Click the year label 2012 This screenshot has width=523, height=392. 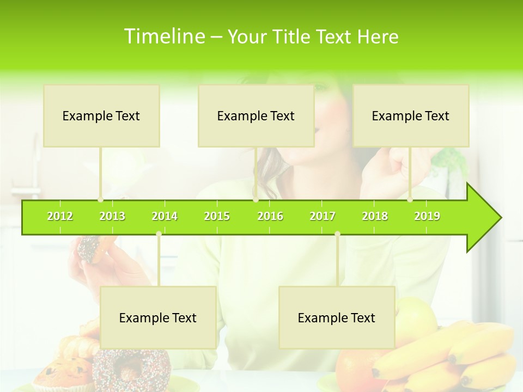(x=60, y=216)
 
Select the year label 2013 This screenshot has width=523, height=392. (x=112, y=216)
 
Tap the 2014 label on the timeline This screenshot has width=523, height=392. (x=165, y=216)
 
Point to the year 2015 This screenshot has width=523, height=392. (x=217, y=216)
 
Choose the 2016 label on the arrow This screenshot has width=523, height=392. (x=270, y=216)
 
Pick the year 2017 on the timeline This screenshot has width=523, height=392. (x=323, y=216)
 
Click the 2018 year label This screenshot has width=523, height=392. (x=375, y=216)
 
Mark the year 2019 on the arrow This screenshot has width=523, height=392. (x=427, y=216)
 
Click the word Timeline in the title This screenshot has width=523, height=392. (x=163, y=36)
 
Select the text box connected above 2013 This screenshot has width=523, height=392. (x=101, y=115)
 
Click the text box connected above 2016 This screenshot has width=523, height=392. (x=256, y=115)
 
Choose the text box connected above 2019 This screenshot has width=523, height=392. (x=411, y=115)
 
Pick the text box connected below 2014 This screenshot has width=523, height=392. (x=158, y=317)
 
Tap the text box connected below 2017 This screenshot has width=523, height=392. (x=337, y=317)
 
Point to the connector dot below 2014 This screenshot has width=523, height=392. (x=159, y=234)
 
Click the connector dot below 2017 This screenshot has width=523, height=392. (x=337, y=234)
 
